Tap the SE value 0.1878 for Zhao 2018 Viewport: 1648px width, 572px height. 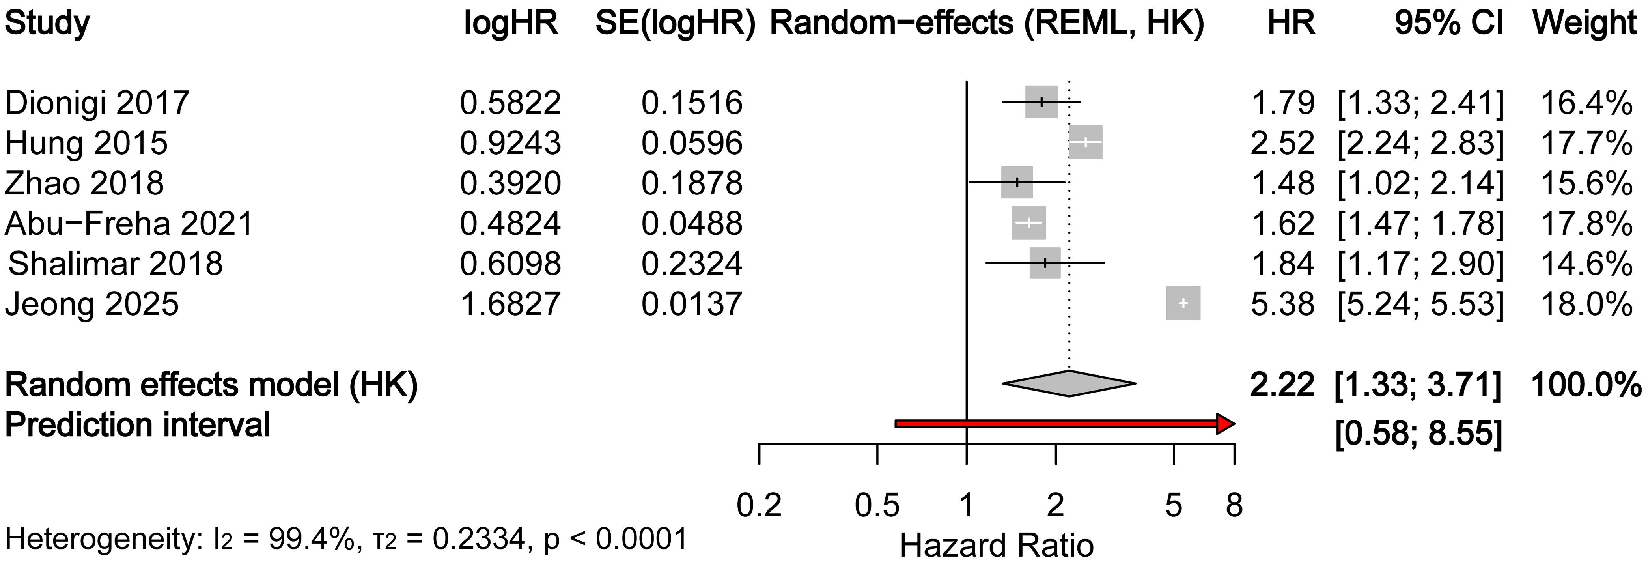click(x=692, y=183)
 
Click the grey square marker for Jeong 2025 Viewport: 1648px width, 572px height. click(x=1183, y=303)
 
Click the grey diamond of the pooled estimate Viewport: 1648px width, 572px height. click(x=1068, y=383)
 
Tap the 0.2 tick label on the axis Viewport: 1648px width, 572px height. click(x=759, y=505)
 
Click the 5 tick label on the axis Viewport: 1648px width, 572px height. click(x=1173, y=505)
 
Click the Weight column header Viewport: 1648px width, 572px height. click(x=1584, y=24)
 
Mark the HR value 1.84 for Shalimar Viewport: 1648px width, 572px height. click(x=1282, y=264)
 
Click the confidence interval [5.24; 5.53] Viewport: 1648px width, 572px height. click(x=1420, y=304)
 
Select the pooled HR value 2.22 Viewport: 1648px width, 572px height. click(x=1282, y=385)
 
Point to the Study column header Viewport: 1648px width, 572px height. click(x=47, y=24)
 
